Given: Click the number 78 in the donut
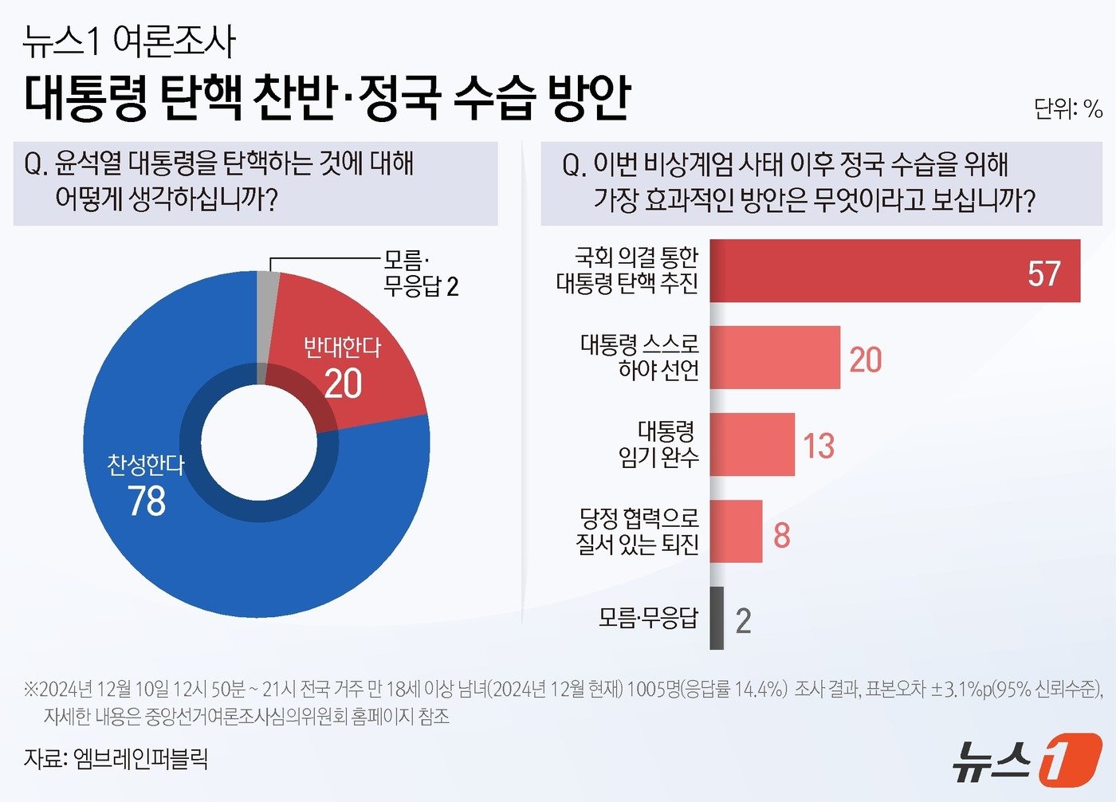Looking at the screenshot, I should (x=147, y=501).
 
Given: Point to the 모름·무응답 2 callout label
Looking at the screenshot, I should (x=420, y=273).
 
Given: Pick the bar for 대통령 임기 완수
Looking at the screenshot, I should (x=752, y=444).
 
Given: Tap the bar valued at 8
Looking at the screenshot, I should (x=736, y=532).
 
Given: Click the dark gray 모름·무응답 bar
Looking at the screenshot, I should (x=717, y=618).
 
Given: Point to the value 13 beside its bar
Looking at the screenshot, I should (x=819, y=446).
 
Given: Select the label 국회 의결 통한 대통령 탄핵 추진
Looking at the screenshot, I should (x=627, y=270).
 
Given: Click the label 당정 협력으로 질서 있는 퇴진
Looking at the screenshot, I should (x=638, y=532).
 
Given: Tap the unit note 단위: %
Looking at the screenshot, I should (x=1067, y=108).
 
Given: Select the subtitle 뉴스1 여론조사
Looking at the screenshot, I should (x=129, y=41).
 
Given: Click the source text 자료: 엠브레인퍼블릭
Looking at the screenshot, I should (x=116, y=757).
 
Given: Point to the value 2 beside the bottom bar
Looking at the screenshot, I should (x=743, y=620).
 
